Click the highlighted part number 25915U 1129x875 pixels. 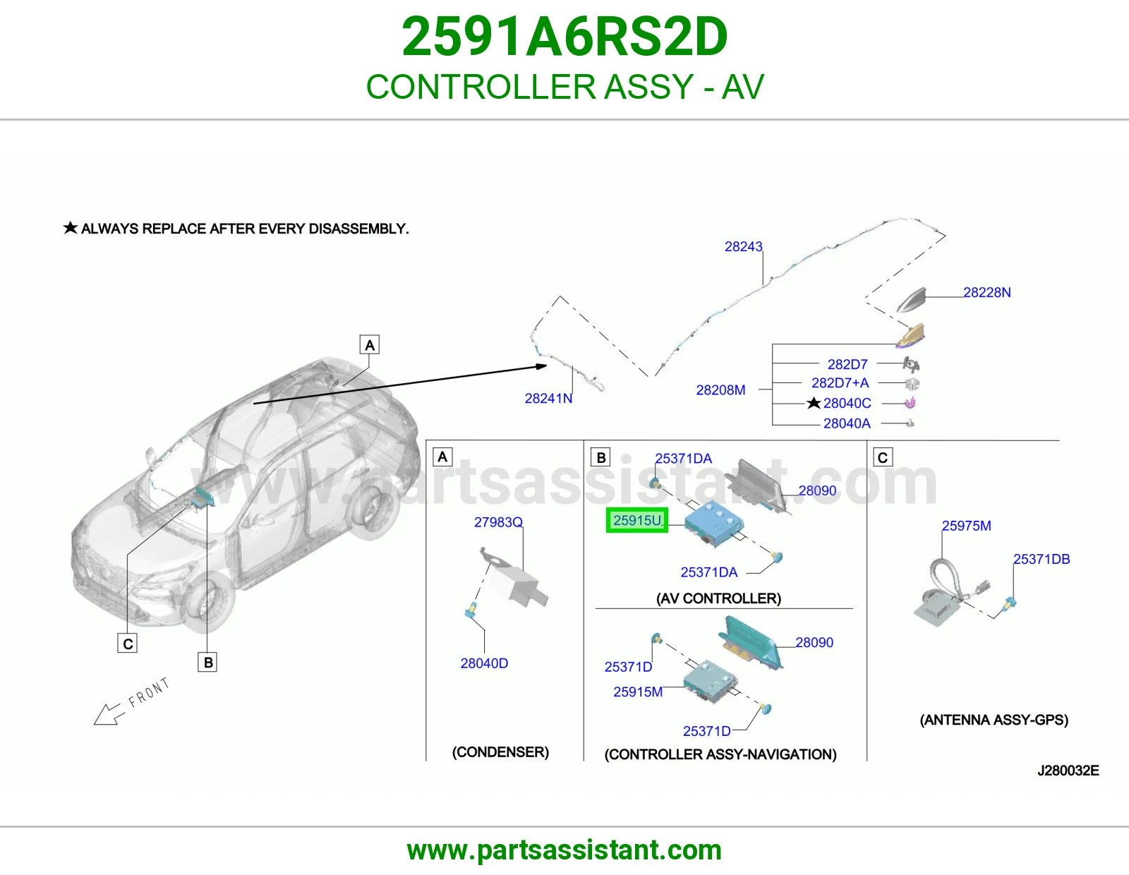[x=637, y=520]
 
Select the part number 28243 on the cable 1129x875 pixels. [x=744, y=246]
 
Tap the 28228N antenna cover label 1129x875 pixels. [x=987, y=292]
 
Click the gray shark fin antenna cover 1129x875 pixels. [x=912, y=301]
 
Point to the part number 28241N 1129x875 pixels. [x=549, y=398]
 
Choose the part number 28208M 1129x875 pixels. [x=720, y=390]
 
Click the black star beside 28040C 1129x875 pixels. [x=814, y=403]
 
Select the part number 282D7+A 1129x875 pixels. [x=840, y=383]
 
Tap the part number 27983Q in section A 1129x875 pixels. [x=498, y=521]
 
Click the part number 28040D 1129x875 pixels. [x=484, y=663]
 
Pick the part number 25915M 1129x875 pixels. [x=638, y=692]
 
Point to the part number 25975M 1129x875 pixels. [x=967, y=525]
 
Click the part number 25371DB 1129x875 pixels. [x=1042, y=559]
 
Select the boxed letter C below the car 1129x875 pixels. [x=127, y=644]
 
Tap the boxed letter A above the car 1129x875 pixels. [x=370, y=344]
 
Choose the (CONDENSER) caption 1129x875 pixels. [x=500, y=752]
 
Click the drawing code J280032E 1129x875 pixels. [x=1068, y=770]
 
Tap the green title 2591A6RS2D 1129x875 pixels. [x=564, y=37]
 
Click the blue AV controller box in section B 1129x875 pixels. [x=713, y=523]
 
